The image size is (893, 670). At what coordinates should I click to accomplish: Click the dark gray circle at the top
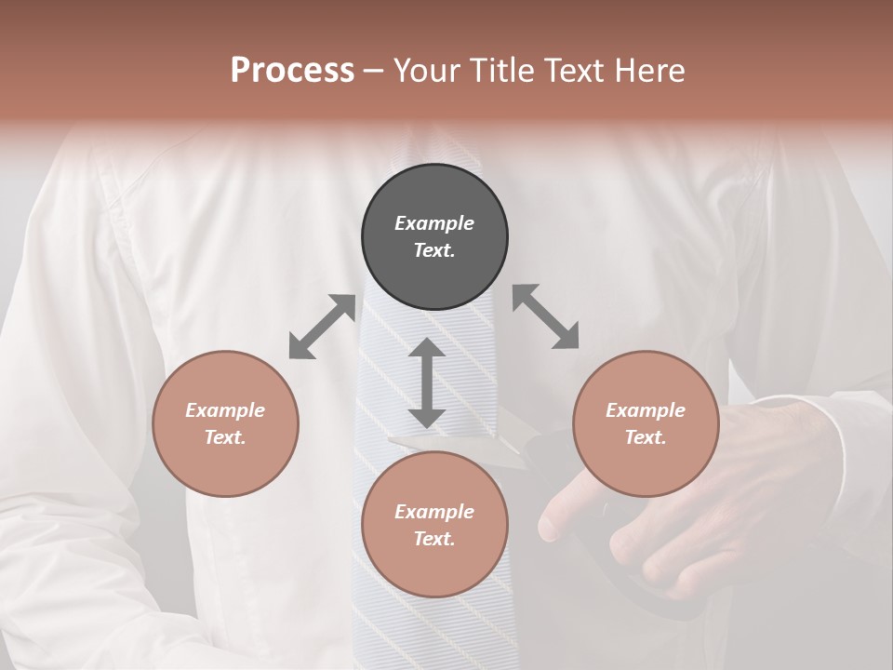pos(434,236)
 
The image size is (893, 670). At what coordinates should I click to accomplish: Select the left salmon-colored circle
pos(225,423)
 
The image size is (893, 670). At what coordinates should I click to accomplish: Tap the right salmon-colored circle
pos(646,423)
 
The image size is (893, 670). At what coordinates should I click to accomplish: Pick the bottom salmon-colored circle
pos(434,525)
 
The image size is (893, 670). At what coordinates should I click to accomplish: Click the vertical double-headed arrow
pos(427,382)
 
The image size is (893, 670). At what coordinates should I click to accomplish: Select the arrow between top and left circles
pos(322,327)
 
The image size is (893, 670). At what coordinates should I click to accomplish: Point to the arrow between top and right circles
pos(546,317)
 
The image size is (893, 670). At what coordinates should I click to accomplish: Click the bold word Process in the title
pos(292,70)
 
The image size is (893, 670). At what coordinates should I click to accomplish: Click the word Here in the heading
pos(647,70)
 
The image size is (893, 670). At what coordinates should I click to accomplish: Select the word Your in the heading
pos(424,70)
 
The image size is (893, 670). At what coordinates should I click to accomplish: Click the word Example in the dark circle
pos(434,223)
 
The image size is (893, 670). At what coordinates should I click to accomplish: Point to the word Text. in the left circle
pos(225,437)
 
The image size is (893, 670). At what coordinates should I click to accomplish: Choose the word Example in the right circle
pos(646,410)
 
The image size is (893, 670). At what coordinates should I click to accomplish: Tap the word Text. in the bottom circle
pos(434,539)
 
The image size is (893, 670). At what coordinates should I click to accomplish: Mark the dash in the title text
pos(374,72)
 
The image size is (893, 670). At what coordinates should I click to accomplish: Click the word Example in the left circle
pos(225,410)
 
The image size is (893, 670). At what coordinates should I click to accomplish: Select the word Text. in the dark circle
pos(434,250)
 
